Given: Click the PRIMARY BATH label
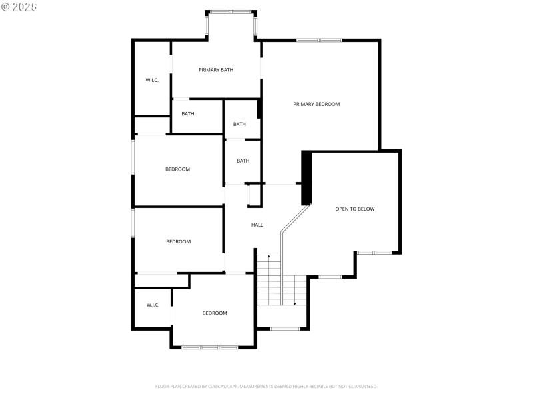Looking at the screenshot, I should coord(216,69).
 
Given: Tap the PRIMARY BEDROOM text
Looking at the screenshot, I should coord(317,104).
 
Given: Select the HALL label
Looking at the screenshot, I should coord(257,225).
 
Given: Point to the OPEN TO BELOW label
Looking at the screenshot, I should coord(355,209).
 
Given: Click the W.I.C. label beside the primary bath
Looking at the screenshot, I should coord(152,81).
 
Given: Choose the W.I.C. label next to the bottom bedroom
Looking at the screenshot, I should coord(153,305).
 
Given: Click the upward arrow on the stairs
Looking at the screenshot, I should coord(269,257).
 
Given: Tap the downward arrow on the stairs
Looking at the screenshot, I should coord(294,303).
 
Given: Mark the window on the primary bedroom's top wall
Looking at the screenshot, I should coord(320,41).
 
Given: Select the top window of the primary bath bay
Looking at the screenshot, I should coord(231,11).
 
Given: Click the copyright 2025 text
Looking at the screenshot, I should coord(19,7).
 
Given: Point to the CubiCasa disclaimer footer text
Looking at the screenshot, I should coord(266,387).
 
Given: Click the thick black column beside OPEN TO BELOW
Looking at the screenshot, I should coord(306,178).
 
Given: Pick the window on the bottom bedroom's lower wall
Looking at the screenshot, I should coord(210,347).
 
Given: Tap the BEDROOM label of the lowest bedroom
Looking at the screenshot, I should coord(215,313).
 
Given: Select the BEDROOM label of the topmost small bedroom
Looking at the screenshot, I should coord(177,169).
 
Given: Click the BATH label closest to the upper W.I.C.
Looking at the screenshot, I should coord(188,114).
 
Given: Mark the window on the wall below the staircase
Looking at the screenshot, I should coord(285,328).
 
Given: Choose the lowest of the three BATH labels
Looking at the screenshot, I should coord(243,161).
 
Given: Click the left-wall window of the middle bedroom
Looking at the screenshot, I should coord(133,223).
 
